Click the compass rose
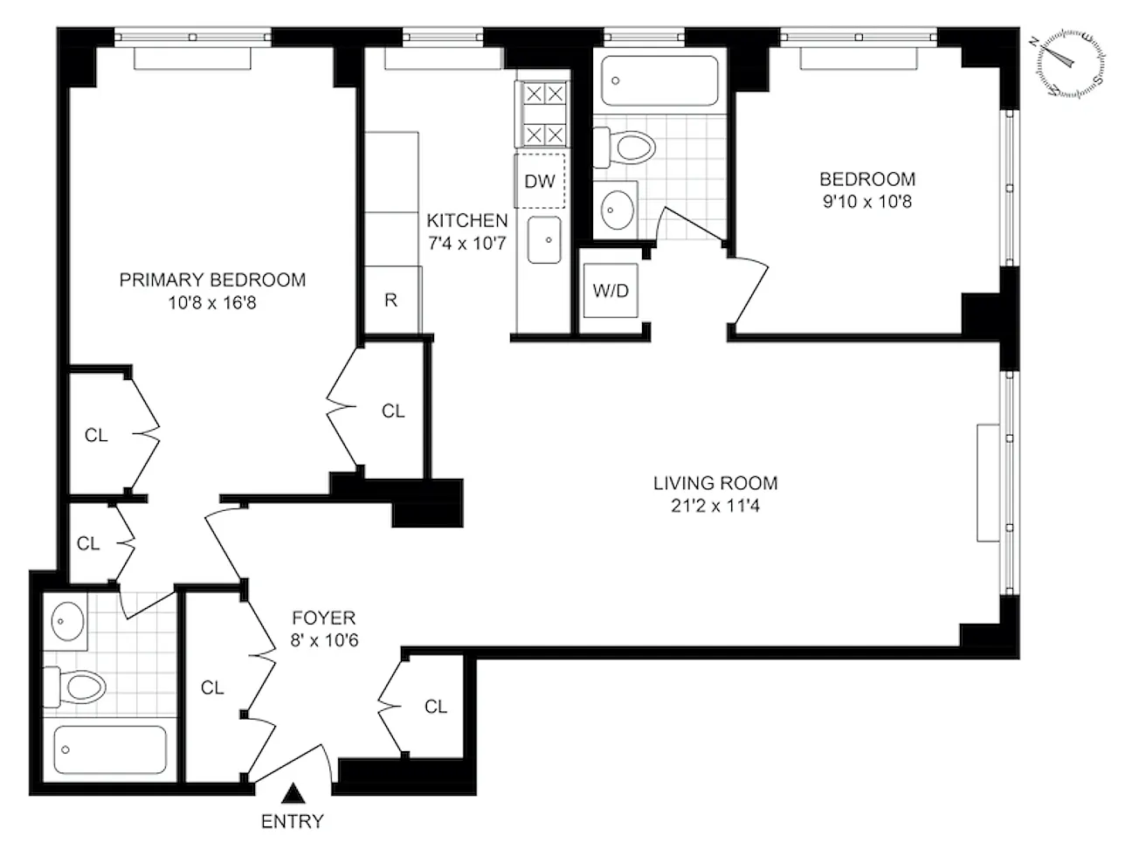1071,64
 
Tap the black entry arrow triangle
293,793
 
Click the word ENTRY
293,822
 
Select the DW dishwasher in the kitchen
540,181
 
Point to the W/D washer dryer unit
611,291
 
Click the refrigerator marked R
392,300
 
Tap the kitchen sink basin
544,240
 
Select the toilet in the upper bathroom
625,148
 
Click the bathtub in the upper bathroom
659,81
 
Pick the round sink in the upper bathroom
617,210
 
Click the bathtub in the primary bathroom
110,749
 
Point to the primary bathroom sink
67,621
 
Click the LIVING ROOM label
715,484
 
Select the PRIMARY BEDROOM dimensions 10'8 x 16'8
212,303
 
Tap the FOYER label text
324,618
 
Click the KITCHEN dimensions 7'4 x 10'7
467,244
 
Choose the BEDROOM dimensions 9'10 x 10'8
867,201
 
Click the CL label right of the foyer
435,707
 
